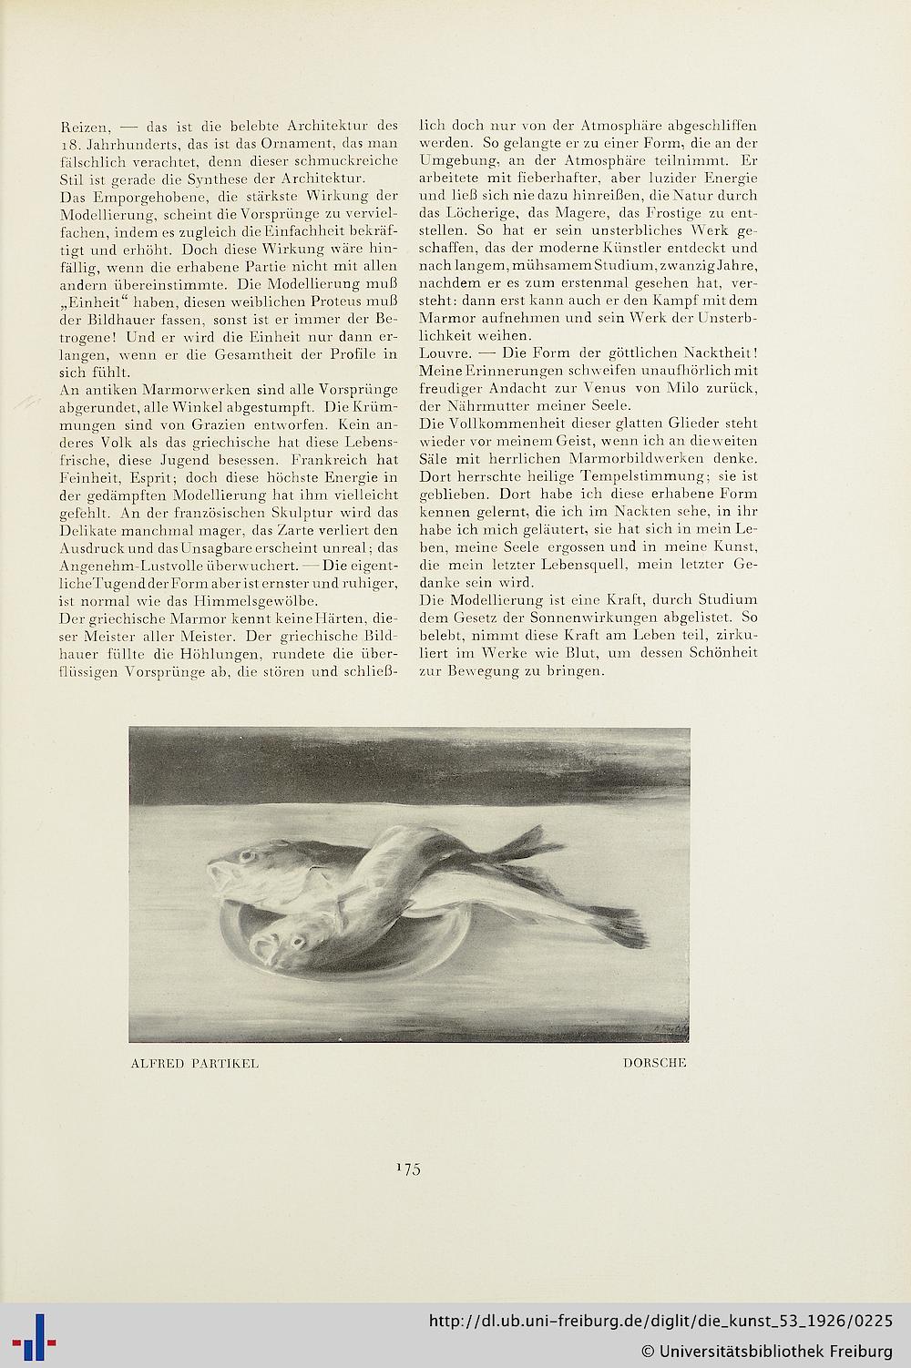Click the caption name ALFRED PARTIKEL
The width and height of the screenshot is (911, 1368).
(195, 1063)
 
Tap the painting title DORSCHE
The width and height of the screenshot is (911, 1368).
(655, 1063)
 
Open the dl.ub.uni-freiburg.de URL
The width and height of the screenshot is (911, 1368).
(660, 1322)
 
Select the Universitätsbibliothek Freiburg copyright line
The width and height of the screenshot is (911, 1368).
(766, 1349)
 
